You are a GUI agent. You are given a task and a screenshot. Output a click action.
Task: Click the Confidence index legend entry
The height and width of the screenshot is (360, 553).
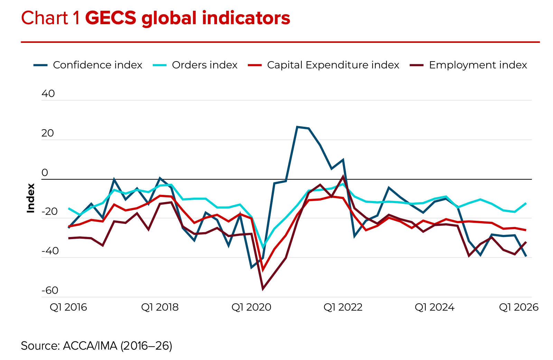coord(97,65)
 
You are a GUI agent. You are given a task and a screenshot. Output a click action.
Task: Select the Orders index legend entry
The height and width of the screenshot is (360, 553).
coord(204,65)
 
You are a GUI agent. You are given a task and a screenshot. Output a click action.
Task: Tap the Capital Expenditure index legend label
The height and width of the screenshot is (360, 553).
coord(333,65)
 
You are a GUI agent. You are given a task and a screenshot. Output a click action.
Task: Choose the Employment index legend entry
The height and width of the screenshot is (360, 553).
coord(478,65)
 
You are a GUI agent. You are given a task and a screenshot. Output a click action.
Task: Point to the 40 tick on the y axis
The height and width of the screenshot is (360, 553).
coord(48,94)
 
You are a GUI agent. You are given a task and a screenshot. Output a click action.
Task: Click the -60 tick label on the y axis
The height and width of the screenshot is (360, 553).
coord(50,290)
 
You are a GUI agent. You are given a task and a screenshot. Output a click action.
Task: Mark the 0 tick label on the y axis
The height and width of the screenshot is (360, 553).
coord(45,172)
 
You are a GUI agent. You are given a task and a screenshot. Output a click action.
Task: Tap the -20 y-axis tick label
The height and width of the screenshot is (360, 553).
coord(50,211)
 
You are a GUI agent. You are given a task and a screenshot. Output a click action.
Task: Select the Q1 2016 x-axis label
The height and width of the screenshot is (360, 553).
coord(68,307)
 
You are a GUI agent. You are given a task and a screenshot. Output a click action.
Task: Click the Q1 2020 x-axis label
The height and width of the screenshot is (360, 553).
coord(251,307)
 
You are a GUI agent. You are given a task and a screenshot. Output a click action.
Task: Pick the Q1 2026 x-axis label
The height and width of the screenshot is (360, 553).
coord(518,307)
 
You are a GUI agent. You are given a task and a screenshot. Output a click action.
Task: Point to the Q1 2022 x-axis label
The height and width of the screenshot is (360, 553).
coord(343,307)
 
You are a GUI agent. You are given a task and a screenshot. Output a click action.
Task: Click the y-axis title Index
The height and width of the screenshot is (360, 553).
coord(31,198)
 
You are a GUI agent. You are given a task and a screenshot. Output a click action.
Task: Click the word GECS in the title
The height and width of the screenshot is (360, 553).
coord(111,18)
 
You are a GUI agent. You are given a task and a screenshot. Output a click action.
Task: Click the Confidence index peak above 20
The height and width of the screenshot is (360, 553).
coord(297,127)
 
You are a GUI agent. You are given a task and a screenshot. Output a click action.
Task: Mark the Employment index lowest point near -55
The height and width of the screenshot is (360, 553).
coord(263,289)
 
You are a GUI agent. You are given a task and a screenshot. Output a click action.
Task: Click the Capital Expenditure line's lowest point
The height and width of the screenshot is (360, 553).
coord(263,270)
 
